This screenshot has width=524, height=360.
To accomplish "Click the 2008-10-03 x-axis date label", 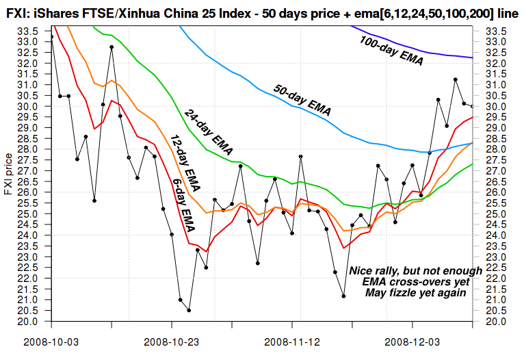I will (x=51, y=340).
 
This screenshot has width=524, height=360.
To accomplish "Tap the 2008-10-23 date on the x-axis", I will (x=172, y=340).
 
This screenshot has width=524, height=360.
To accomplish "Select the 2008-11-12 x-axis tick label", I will (x=292, y=340).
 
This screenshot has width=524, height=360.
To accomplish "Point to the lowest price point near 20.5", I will (x=189, y=310).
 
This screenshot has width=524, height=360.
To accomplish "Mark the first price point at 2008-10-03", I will (x=52, y=37).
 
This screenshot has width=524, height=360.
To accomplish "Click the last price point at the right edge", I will (x=473, y=106).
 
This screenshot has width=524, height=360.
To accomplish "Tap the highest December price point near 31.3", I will (x=456, y=79).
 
